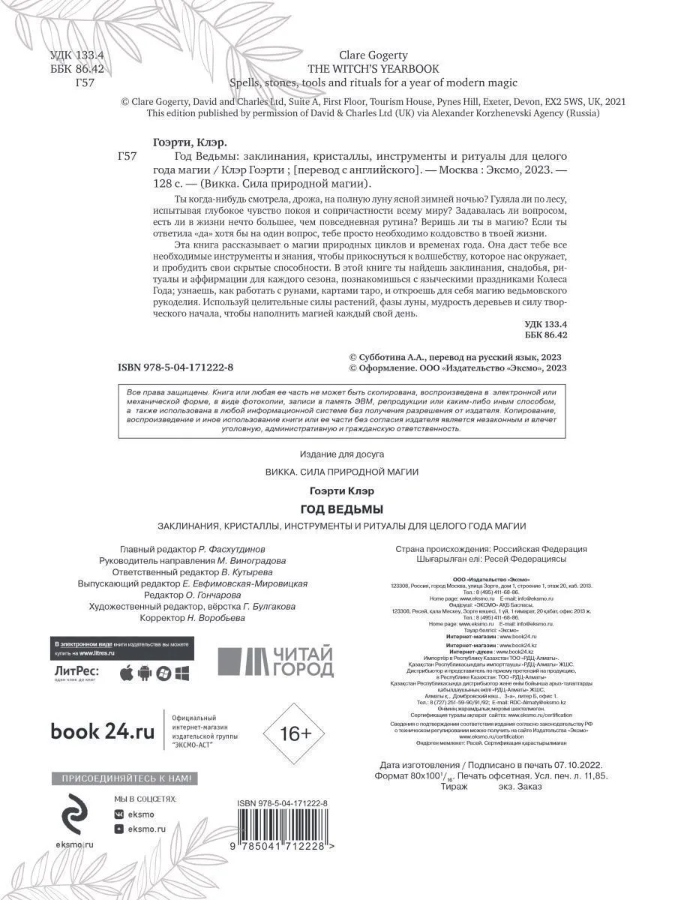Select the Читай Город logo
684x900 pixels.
pos(274,661)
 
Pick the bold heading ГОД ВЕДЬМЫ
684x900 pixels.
pos(342,509)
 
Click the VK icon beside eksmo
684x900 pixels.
pos(118,813)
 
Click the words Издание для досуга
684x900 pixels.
pos(341,454)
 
